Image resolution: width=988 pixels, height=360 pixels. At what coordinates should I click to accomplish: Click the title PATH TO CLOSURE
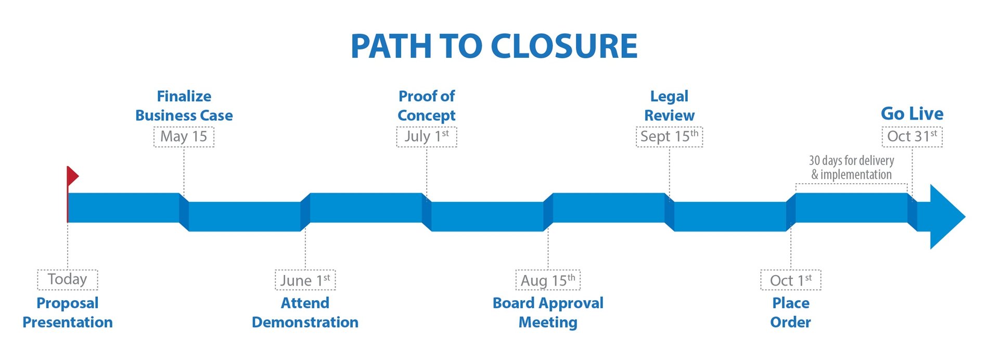tap(494, 46)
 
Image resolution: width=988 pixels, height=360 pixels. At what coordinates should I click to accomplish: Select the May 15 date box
tap(184, 137)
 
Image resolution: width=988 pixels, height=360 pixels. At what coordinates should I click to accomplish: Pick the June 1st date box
tap(305, 280)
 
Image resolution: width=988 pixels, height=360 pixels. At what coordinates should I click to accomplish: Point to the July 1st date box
tap(427, 137)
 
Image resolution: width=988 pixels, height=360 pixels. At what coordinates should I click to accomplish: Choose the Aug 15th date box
tap(548, 280)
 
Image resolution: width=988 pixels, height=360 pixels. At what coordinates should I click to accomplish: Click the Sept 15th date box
tap(669, 137)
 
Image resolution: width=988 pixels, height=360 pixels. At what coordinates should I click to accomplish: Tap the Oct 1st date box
tap(791, 280)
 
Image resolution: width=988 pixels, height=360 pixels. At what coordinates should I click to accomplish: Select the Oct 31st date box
tap(912, 137)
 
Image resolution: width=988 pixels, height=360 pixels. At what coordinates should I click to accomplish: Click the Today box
tap(68, 279)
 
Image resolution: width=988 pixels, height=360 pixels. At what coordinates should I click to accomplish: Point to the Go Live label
tap(912, 113)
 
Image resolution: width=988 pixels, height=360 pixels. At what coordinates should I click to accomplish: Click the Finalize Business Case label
tap(184, 106)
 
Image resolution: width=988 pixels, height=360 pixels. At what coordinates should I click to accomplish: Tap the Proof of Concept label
tap(427, 106)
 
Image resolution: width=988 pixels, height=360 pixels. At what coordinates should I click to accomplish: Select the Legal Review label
tap(669, 106)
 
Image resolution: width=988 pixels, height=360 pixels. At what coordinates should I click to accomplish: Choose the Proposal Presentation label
tap(68, 312)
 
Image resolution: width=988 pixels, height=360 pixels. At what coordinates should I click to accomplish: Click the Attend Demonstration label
tap(305, 312)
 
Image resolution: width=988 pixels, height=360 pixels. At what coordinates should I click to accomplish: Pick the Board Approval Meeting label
tap(548, 312)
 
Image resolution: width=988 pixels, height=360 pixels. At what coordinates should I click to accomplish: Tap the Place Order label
tap(791, 312)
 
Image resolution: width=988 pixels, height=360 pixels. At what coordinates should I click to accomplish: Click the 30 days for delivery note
tap(852, 168)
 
